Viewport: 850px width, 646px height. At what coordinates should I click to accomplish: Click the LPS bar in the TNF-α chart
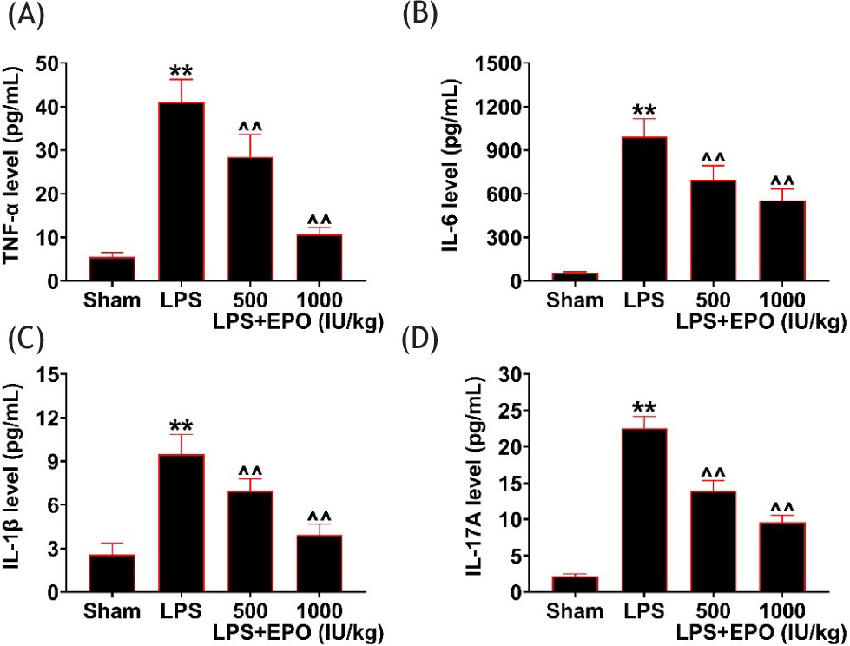coord(181,192)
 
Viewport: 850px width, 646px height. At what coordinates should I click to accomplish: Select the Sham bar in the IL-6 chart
coord(576,277)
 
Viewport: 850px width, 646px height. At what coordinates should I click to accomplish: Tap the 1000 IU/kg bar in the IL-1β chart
coord(318,564)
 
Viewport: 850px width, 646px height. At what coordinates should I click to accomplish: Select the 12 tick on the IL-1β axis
coord(55,418)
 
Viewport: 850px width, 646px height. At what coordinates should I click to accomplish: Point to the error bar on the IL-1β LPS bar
coord(181,444)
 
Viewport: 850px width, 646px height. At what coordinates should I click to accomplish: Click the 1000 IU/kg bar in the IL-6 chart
coord(781,241)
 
